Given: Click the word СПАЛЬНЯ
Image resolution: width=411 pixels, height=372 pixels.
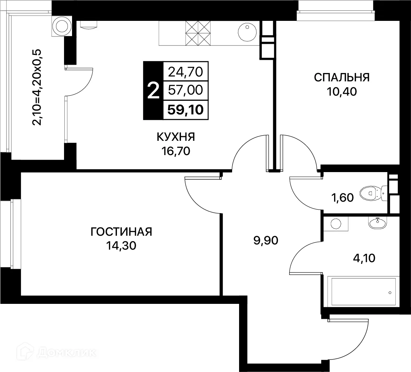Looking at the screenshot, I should tap(341, 77).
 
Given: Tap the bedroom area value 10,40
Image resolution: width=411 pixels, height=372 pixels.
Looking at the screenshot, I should tap(341, 92).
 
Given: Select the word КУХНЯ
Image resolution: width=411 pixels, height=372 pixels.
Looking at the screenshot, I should tap(176, 137).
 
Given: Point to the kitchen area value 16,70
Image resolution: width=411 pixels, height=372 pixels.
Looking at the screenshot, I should tap(176, 151).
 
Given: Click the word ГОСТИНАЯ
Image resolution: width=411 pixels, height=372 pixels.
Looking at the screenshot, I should tap(121, 232).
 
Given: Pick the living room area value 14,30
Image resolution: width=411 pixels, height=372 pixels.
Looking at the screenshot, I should tap(121, 246).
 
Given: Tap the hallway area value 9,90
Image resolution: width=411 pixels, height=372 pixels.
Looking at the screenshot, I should tap(265, 240).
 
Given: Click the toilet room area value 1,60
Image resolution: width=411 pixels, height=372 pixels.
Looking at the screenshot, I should tap(342, 198).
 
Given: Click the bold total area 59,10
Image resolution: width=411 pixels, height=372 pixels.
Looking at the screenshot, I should tap(185, 110).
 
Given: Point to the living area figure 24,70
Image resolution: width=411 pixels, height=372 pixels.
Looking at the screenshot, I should tap(185, 72).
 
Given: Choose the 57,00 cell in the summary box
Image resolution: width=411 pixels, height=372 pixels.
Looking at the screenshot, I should tap(185, 91).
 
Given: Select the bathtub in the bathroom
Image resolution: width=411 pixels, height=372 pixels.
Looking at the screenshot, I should tap(362, 291).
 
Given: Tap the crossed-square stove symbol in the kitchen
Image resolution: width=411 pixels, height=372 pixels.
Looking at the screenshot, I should tap(198, 33).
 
